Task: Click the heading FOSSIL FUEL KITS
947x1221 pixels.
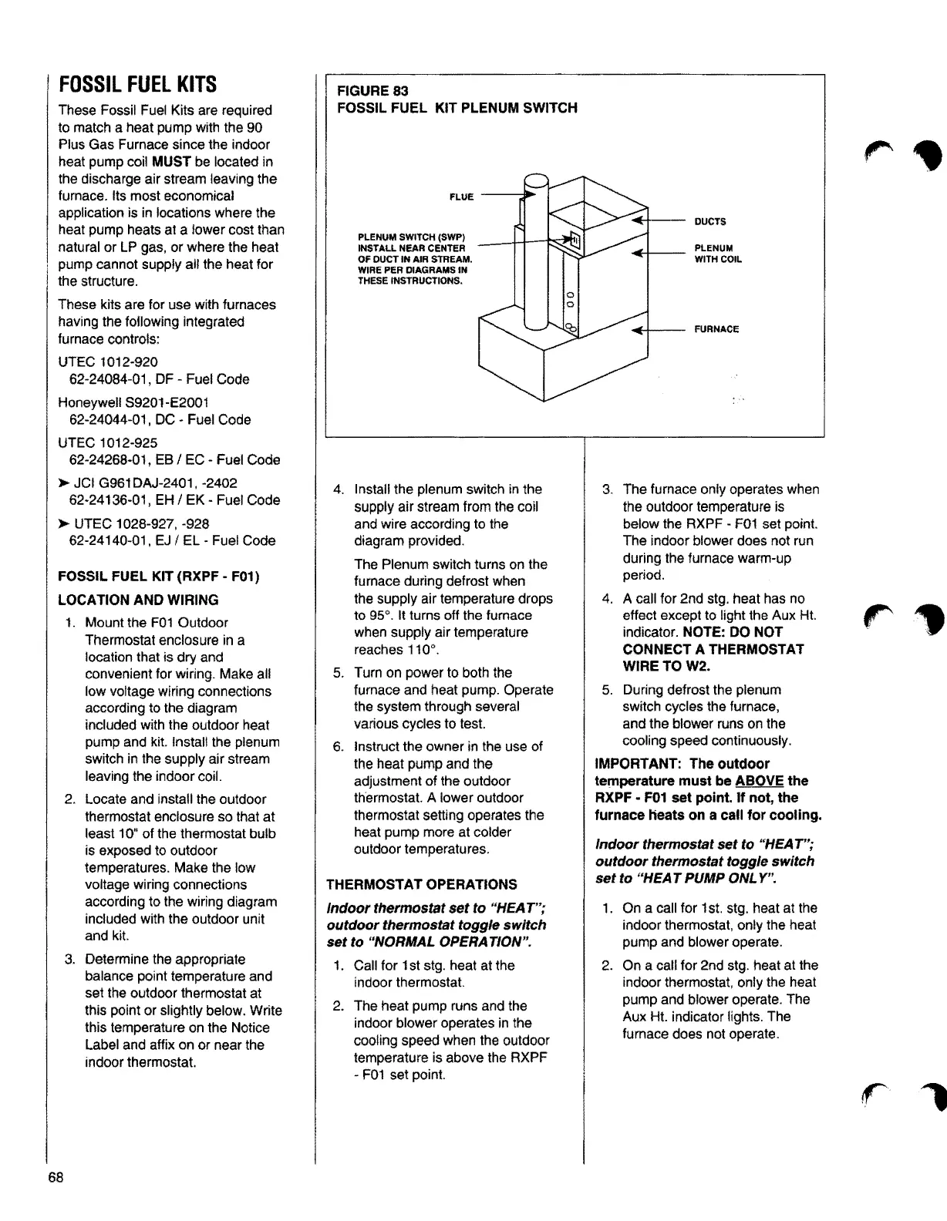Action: coord(137,84)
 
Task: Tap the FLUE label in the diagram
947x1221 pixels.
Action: coord(461,197)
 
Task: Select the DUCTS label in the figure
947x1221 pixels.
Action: coord(709,222)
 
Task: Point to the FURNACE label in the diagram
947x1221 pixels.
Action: coord(716,329)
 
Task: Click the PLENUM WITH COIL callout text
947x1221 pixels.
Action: coord(717,254)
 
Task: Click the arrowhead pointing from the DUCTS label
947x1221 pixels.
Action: coord(638,221)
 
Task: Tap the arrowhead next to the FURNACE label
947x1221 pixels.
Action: coord(638,330)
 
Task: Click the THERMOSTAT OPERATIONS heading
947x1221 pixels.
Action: coord(411,884)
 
